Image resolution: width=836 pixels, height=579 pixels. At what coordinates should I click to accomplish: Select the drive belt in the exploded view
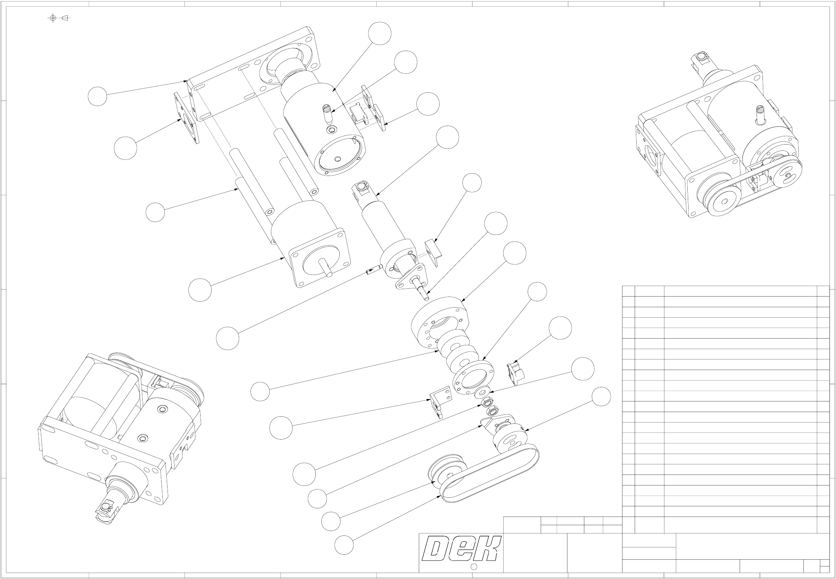pos(492,477)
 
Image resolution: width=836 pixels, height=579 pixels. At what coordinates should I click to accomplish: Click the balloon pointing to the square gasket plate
pos(125,148)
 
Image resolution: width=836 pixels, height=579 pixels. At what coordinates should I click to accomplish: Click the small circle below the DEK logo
pos(474,566)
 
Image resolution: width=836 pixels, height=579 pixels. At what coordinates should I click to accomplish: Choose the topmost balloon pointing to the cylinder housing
pos(380,34)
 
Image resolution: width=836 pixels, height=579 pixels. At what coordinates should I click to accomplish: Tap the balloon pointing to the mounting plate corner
pos(97,96)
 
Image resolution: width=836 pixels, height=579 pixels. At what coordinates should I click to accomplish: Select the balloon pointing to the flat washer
pos(582,369)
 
